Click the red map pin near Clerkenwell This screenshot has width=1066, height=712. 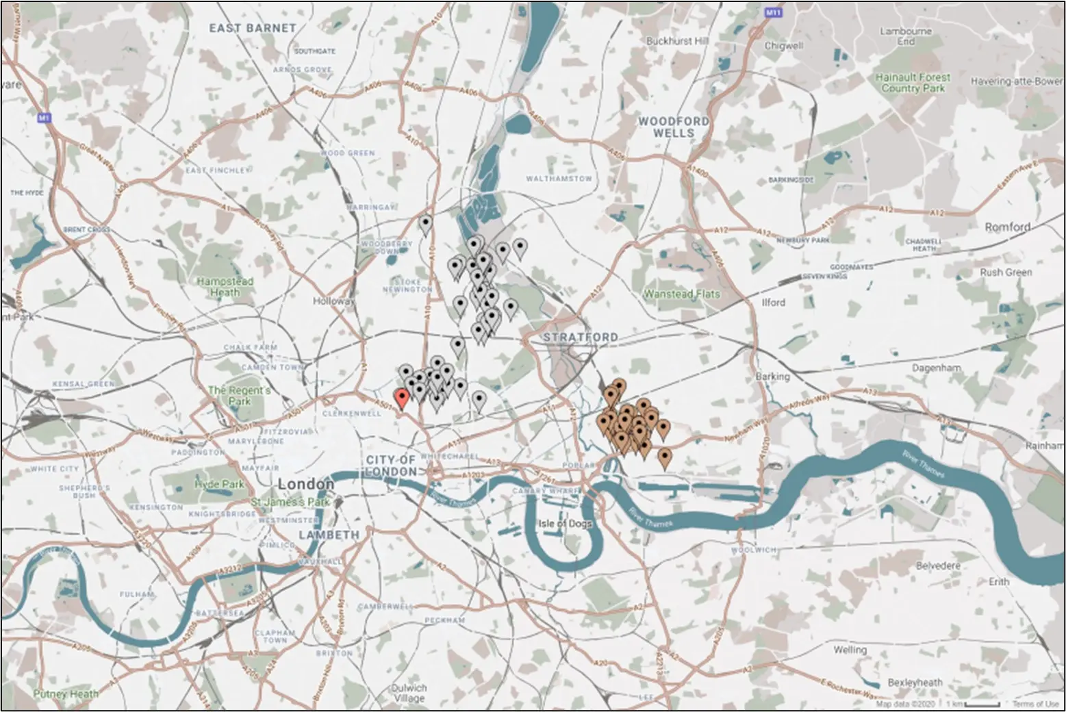[401, 398]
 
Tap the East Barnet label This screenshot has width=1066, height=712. [253, 28]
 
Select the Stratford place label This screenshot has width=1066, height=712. [581, 338]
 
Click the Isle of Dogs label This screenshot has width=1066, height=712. [566, 524]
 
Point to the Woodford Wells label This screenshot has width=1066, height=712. [674, 127]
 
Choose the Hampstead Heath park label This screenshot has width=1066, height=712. [225, 287]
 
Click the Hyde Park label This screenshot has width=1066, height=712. [219, 484]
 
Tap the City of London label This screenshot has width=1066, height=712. [391, 466]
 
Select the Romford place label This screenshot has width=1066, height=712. [1007, 227]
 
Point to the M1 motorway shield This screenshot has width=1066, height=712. [44, 118]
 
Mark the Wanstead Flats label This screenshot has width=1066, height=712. [682, 294]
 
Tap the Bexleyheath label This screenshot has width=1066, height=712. [915, 683]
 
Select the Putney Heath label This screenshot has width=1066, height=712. [66, 694]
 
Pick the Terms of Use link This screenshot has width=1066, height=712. [1035, 704]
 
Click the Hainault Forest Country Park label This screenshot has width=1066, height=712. [913, 83]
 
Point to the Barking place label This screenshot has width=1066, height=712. [772, 377]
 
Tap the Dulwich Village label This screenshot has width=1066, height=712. [409, 693]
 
